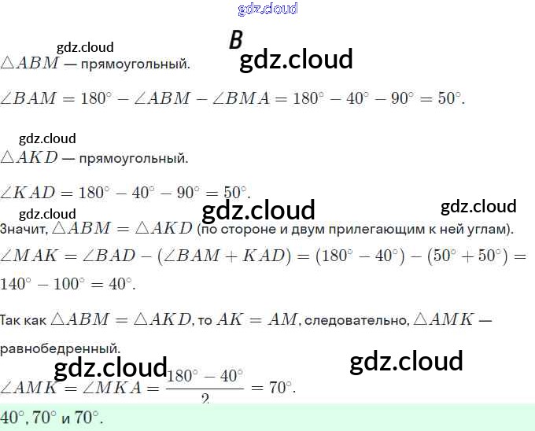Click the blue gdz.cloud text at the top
pos(267,9)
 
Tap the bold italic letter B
pos(235,42)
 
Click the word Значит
pos(24,230)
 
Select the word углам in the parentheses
pos(489,230)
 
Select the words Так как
pos(24,320)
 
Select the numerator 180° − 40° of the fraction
pos(205,376)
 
